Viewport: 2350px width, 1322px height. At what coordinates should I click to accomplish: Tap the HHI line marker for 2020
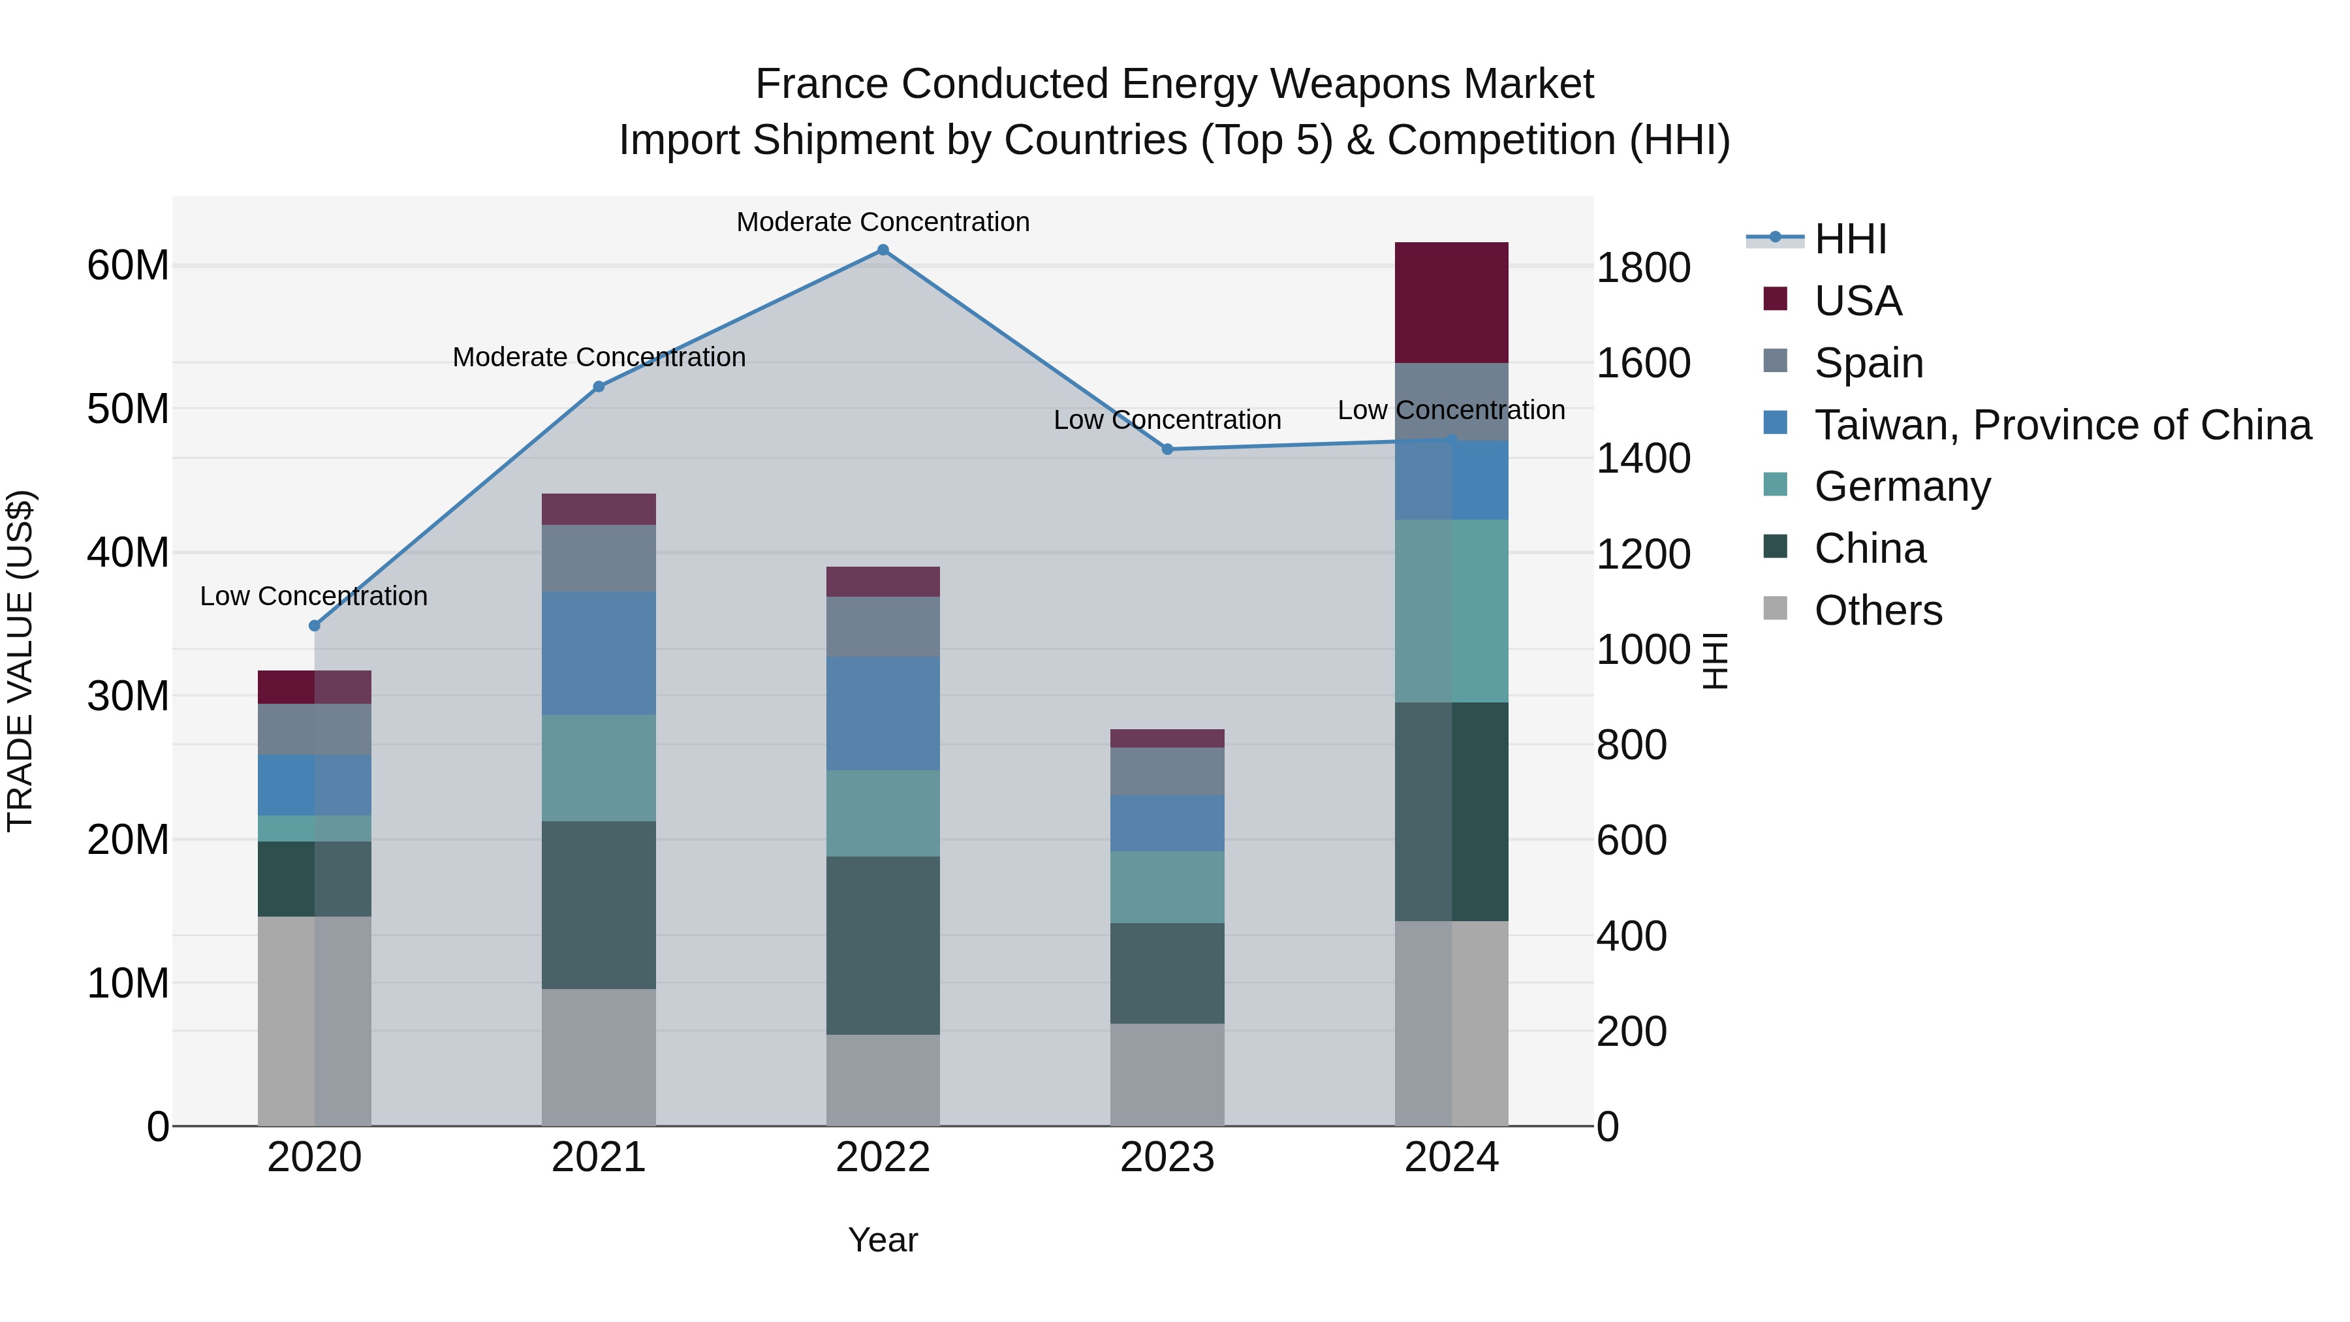point(315,626)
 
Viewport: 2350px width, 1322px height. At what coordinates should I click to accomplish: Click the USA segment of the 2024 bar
point(1450,303)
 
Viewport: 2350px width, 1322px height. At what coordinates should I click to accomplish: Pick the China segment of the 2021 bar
point(599,904)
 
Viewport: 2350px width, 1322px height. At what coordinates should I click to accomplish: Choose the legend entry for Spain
point(1868,363)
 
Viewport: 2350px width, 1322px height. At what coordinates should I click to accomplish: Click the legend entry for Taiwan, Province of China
point(2061,425)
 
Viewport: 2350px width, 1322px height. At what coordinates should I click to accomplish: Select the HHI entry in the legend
point(1849,239)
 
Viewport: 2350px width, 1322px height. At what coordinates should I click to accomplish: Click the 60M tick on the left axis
point(128,266)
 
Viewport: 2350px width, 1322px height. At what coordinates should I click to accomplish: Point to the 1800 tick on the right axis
point(1643,268)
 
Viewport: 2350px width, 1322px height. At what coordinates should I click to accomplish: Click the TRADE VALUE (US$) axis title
point(20,661)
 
